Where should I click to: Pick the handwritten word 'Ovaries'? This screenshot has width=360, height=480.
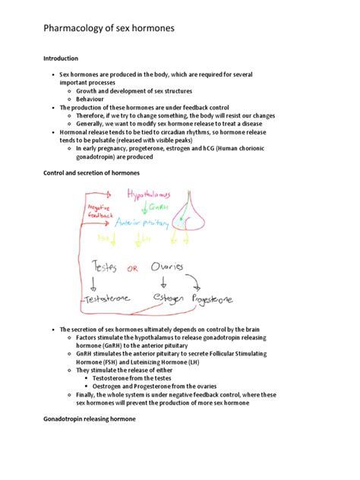[166, 267]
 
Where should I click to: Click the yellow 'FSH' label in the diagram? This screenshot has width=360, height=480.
[103, 238]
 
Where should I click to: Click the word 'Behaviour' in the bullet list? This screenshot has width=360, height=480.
[93, 99]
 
